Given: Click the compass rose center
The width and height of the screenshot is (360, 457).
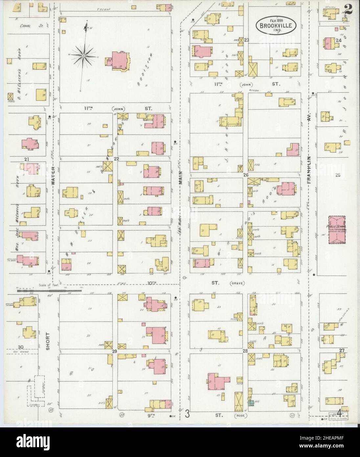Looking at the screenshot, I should tap(84, 56).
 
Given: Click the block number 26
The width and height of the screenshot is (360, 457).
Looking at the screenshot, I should tap(245, 175).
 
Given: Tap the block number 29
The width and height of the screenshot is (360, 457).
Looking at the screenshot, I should tap(115, 351).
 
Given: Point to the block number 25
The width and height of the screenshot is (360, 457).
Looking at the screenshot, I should tap(338, 175).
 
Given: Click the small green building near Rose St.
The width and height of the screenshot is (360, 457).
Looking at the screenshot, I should tap(251, 402).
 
